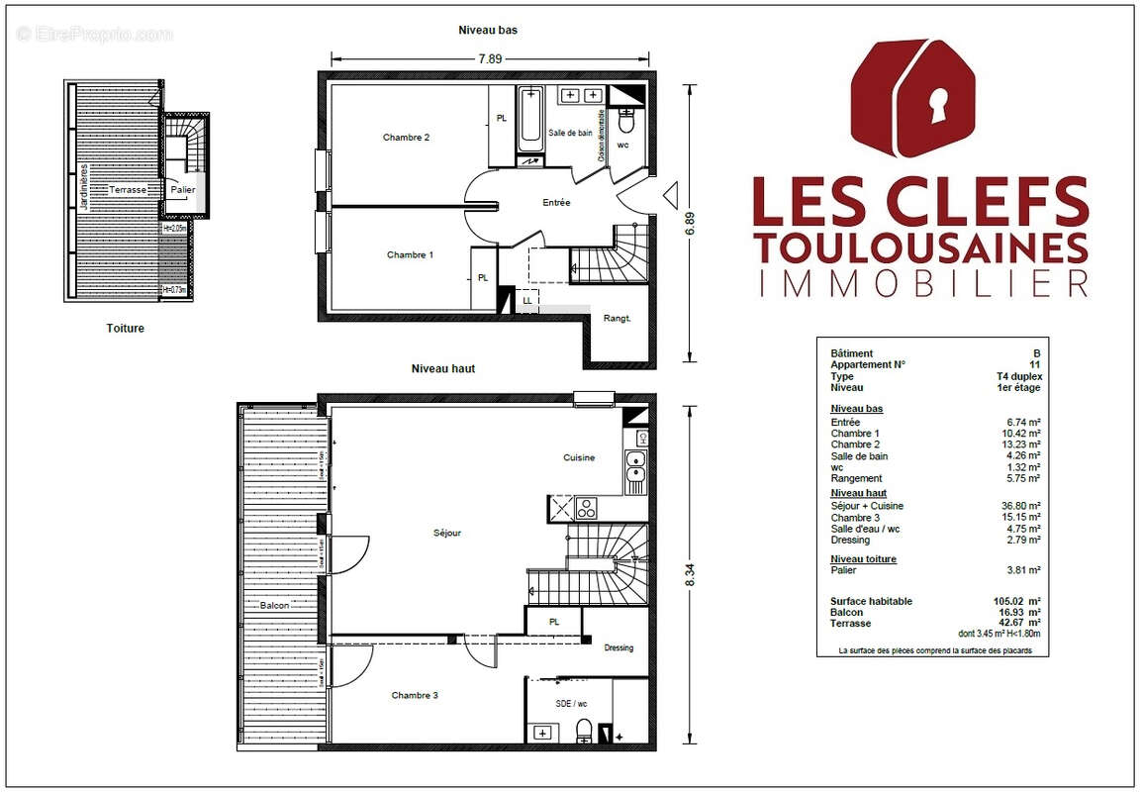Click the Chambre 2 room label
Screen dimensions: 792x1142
(406, 138)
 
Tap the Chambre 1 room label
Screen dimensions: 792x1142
(410, 255)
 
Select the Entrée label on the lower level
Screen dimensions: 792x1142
(556, 203)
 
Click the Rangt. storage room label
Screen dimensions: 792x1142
(617, 318)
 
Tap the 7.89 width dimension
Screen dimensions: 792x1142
(490, 58)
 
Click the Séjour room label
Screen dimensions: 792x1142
(447, 534)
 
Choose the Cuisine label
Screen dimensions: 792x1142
(579, 457)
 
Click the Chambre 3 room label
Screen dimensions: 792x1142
(415, 695)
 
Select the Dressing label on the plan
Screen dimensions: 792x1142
(619, 648)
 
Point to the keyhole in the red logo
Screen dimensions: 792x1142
(935, 105)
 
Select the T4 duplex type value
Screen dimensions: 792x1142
(1018, 377)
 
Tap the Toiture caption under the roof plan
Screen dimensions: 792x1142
(125, 329)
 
